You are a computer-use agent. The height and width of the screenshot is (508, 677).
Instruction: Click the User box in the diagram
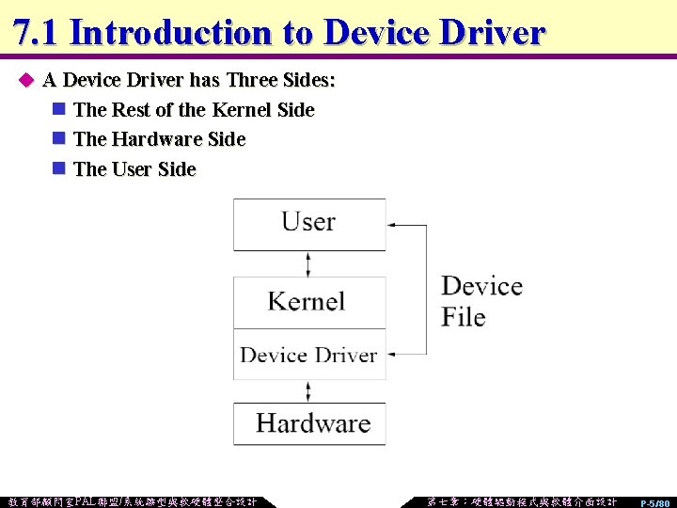point(309,224)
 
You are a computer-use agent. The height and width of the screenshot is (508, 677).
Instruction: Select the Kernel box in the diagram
point(309,302)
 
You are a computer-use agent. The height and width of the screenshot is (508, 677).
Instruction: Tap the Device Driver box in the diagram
point(309,355)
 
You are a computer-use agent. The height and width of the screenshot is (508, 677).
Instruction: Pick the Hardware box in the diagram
point(309,423)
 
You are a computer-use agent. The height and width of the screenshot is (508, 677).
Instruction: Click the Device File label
point(480,301)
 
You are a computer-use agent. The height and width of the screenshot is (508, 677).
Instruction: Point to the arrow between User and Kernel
point(308,263)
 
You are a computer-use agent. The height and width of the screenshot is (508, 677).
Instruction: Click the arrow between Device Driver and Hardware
point(308,390)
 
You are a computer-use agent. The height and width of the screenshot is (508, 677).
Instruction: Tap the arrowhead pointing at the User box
point(393,225)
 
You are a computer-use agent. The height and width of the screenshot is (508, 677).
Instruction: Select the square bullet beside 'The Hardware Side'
point(58,139)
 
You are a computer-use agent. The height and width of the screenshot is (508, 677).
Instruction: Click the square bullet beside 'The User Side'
point(58,169)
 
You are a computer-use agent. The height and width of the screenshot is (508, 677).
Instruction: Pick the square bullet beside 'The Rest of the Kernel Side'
point(58,110)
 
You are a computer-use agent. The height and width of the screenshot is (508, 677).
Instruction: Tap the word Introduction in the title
point(170,32)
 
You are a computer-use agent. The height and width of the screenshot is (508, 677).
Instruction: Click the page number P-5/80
point(654,503)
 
